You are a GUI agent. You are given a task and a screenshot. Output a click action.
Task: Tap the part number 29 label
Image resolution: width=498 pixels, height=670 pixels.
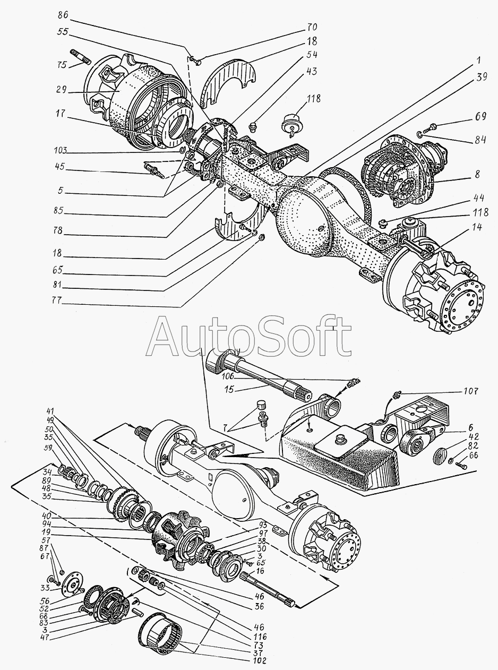click(x=62, y=91)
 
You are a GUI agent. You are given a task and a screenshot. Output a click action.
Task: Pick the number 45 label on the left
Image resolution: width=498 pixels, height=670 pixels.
click(x=62, y=167)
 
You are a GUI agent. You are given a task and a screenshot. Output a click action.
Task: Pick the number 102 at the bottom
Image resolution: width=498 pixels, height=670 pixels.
click(x=259, y=661)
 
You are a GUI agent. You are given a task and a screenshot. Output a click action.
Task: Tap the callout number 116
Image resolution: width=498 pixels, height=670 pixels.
click(x=259, y=636)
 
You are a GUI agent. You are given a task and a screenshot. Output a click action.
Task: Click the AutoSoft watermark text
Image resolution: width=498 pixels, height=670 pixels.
click(x=249, y=337)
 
